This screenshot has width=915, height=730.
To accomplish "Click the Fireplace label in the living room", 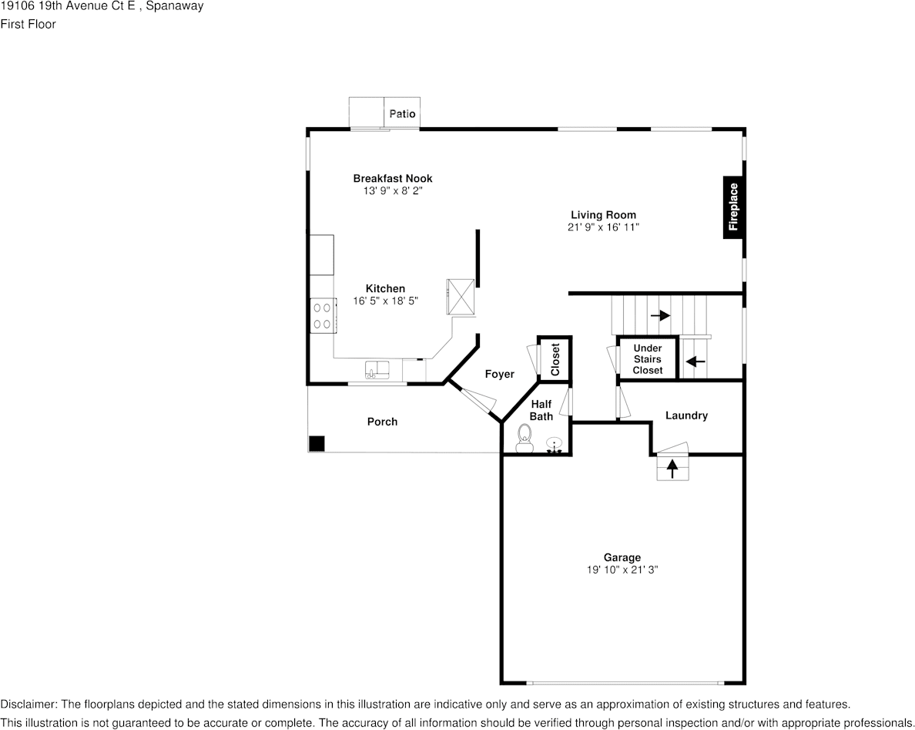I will [x=734, y=207].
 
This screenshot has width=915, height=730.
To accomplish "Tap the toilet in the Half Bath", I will [x=525, y=436].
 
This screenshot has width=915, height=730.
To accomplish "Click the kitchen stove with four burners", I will [x=322, y=315].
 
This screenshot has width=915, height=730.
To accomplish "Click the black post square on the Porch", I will [x=317, y=444].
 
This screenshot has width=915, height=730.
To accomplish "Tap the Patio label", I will [x=402, y=113].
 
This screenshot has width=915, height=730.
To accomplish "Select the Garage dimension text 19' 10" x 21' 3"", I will [x=622, y=570].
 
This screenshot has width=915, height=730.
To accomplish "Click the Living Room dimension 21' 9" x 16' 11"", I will [x=603, y=227].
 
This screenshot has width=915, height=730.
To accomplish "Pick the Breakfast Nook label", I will [x=393, y=178].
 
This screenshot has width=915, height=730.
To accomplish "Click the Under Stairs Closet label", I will [x=648, y=359].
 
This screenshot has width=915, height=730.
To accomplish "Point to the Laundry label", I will [x=686, y=415].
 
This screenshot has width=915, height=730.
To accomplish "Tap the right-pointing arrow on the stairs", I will [x=660, y=315].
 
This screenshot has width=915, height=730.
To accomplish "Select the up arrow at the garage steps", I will [x=672, y=467].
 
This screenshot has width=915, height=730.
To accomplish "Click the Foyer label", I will [x=499, y=374].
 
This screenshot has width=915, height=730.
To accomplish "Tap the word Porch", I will [x=382, y=422].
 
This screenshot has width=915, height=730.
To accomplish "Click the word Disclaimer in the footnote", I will [x=28, y=705].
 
